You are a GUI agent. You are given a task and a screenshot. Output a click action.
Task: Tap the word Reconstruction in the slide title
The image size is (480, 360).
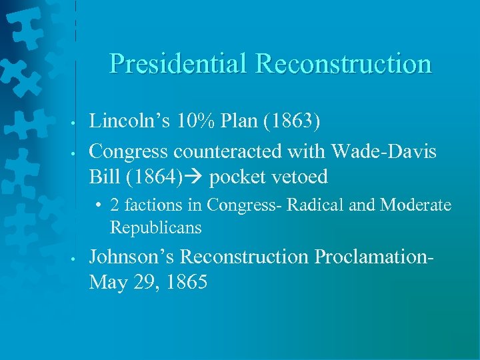pyautogui.click(x=343, y=64)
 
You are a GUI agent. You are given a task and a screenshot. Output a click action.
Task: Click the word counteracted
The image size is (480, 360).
pyautogui.click(x=228, y=152)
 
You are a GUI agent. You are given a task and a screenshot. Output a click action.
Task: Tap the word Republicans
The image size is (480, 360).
pyautogui.click(x=155, y=227)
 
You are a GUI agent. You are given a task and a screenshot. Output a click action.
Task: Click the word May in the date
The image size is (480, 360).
pyautogui.click(x=107, y=282)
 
